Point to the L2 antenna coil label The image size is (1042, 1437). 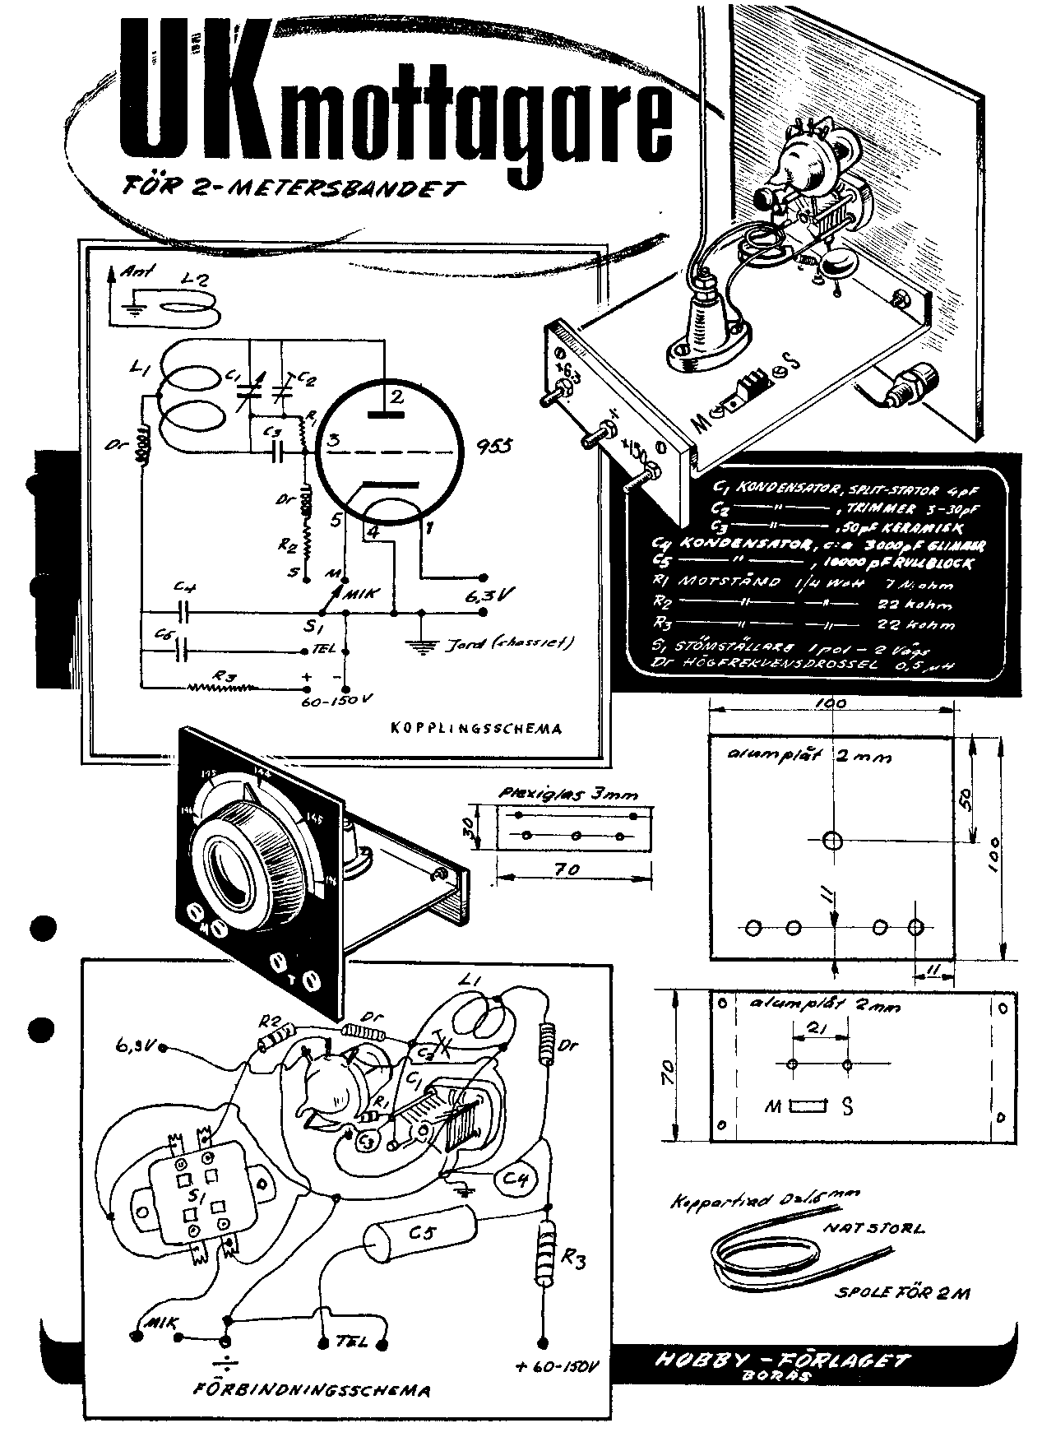pyautogui.click(x=197, y=280)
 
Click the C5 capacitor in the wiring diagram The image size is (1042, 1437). pyautogui.click(x=419, y=1231)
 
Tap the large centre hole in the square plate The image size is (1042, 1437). pyautogui.click(x=831, y=841)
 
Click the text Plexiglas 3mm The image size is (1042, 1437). pyautogui.click(x=568, y=794)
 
